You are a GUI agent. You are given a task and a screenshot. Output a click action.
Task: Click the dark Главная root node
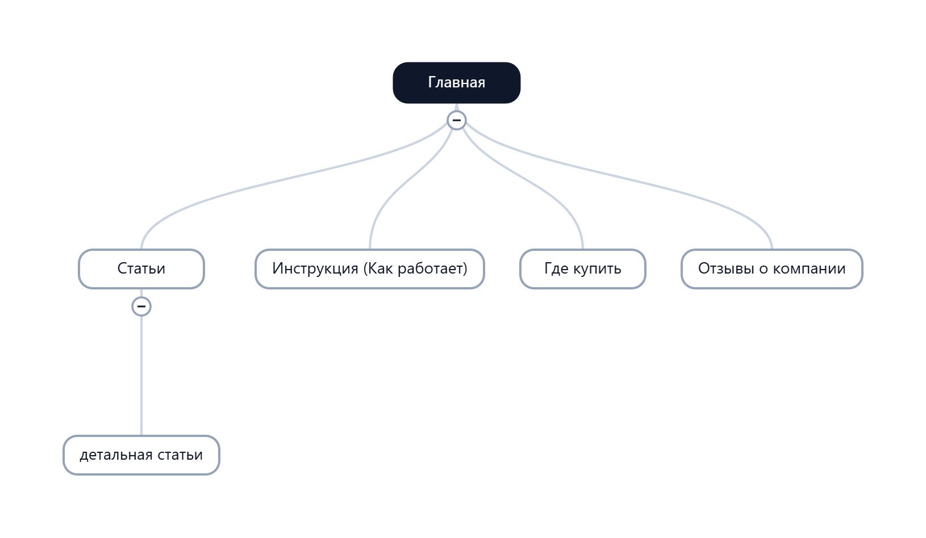pos(456,83)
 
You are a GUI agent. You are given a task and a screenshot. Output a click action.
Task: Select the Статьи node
pos(141,269)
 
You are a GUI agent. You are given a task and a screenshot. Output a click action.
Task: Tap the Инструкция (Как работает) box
pos(370,269)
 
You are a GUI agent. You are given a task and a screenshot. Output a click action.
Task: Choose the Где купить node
pos(582,269)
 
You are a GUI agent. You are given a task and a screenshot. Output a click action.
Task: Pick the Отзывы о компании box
pos(772,269)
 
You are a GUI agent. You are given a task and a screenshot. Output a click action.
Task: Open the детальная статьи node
pos(141,455)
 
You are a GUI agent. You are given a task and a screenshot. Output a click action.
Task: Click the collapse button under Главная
pos(456,120)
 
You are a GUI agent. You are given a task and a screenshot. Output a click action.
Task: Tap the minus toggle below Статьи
pos(141,306)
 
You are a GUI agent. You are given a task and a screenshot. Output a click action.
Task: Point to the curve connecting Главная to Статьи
pos(289,178)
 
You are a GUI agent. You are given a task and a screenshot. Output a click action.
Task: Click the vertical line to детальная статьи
pos(141,376)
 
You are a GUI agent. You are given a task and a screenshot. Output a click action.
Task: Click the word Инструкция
pos(315,268)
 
